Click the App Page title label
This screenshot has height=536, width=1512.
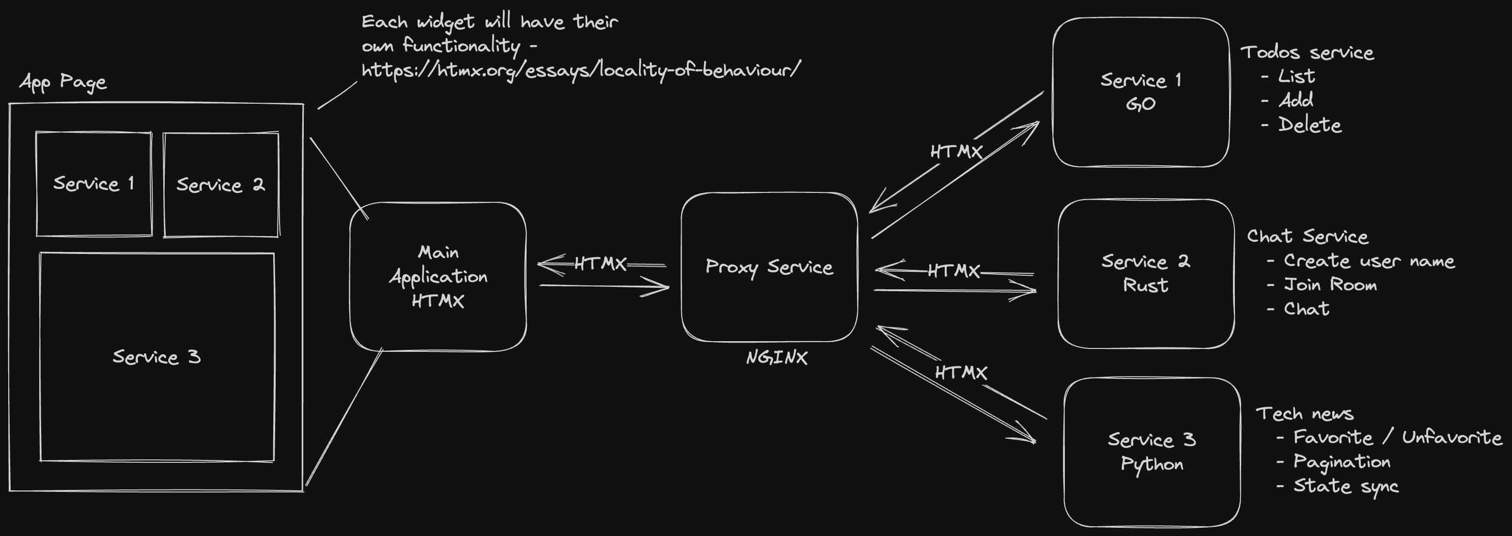[63, 81]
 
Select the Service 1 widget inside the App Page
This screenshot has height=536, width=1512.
[94, 184]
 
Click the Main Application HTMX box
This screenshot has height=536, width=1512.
[438, 277]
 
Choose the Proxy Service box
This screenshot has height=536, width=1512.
[769, 267]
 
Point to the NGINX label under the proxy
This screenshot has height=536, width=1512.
[777, 358]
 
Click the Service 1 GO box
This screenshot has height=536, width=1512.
[1140, 92]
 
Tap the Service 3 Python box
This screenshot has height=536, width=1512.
[1152, 452]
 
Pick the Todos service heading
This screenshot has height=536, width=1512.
[1307, 52]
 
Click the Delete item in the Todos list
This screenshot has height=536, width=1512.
[1309, 125]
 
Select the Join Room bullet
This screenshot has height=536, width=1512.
[1329, 285]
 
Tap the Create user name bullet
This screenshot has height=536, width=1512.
[1369, 261]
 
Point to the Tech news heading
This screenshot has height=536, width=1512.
[1304, 414]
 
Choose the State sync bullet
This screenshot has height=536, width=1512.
[1345, 486]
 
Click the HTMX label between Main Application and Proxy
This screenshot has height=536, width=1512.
[600, 264]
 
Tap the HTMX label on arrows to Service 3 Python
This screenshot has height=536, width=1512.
[961, 373]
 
